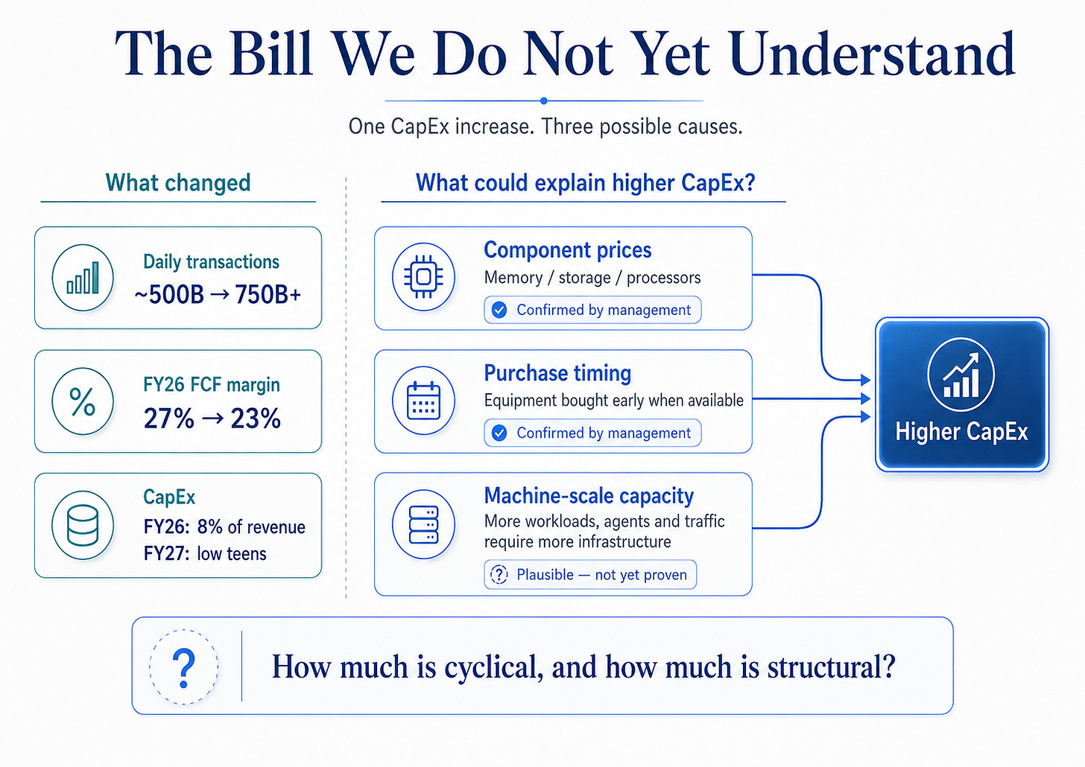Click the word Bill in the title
coord(271,53)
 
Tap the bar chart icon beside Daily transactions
coord(83,278)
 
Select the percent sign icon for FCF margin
coord(82,401)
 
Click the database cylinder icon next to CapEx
coord(82,526)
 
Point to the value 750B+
coord(268,294)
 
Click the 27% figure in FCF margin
coord(168,418)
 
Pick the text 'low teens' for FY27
coord(232,553)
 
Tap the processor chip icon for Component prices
coord(423,277)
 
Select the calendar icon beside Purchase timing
coord(423,401)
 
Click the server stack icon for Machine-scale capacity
coord(423,524)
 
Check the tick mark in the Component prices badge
coord(499,310)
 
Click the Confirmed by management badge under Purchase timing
coord(592,433)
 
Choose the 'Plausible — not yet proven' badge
coord(590,574)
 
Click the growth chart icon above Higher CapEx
coord(961,375)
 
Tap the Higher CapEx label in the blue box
coord(961,432)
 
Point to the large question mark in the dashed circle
coord(183,668)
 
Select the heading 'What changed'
coord(178,183)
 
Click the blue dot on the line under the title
coord(543,101)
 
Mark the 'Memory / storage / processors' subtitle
coord(592,278)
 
